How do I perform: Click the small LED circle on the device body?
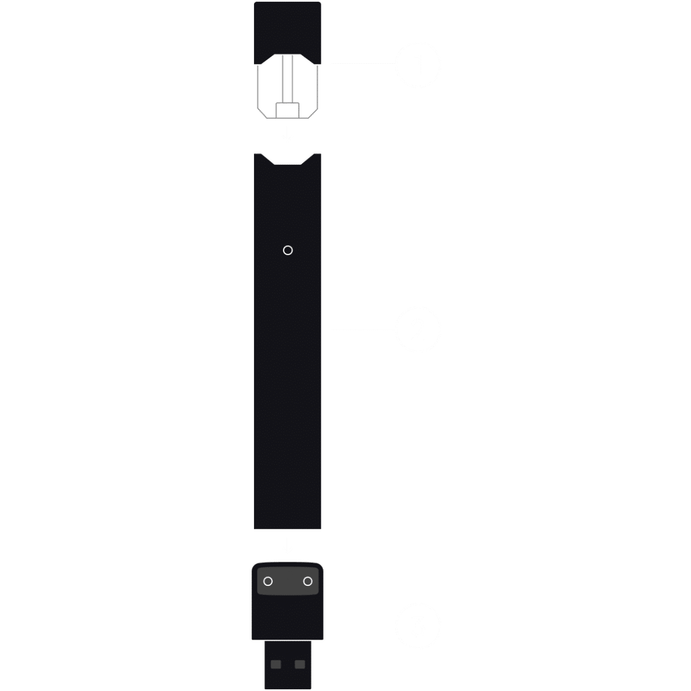(288, 250)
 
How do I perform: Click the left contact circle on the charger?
(268, 582)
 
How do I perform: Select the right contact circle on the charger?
(308, 582)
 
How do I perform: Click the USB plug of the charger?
(288, 665)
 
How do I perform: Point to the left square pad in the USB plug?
(276, 664)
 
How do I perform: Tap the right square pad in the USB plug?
(299, 664)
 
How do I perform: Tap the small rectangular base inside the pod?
(288, 110)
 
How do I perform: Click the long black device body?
(288, 384)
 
